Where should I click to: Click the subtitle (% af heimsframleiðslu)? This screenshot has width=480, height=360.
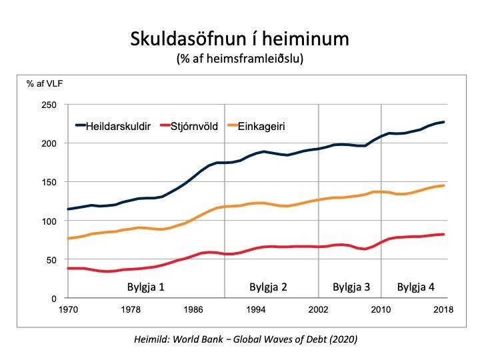pyautogui.click(x=240, y=59)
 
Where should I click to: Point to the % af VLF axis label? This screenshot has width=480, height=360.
pyautogui.click(x=45, y=84)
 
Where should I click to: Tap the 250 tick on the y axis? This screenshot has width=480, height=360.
pyautogui.click(x=49, y=105)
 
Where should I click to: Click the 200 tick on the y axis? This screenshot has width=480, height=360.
pyautogui.click(x=49, y=143)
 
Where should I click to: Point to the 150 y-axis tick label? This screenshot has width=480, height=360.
pyautogui.click(x=49, y=182)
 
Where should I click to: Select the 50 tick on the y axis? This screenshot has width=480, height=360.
pyautogui.click(x=51, y=259)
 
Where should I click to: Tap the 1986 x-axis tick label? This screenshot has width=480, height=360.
pyautogui.click(x=193, y=310)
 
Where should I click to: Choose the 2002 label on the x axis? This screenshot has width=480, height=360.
pyautogui.click(x=318, y=310)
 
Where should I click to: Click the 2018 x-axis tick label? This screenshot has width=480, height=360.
pyautogui.click(x=443, y=310)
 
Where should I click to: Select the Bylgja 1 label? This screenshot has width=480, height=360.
pyautogui.click(x=146, y=287)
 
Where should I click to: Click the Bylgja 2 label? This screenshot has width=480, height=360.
pyautogui.click(x=268, y=287)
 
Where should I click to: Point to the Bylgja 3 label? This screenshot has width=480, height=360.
pyautogui.click(x=351, y=287)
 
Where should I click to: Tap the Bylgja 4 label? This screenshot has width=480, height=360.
pyautogui.click(x=415, y=287)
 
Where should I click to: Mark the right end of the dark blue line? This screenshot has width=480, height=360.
pyautogui.click(x=444, y=122)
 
